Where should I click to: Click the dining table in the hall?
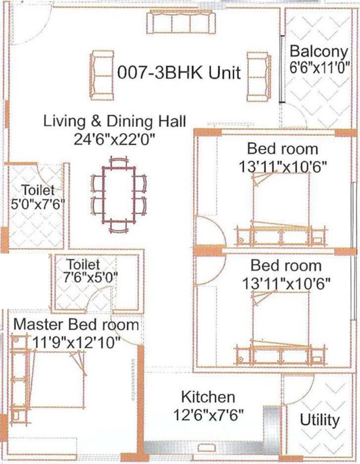(119, 192)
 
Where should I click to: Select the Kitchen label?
(208, 397)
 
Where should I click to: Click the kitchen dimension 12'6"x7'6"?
(208, 416)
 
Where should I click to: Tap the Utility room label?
(320, 419)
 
